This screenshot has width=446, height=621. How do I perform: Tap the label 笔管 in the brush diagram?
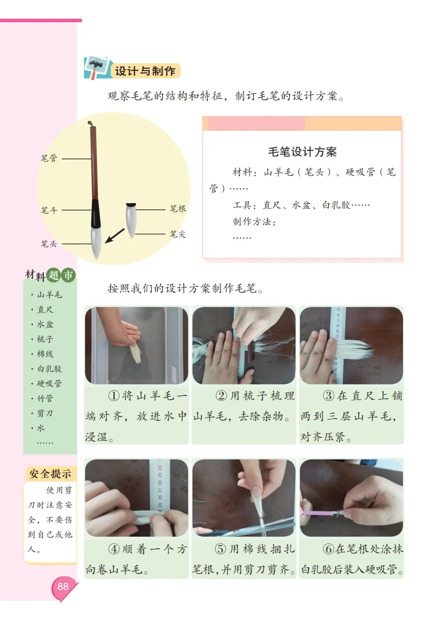(x=49, y=158)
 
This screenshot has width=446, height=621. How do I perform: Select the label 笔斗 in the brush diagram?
(x=49, y=210)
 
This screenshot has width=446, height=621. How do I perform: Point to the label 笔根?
(x=178, y=209)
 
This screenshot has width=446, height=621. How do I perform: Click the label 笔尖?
(x=178, y=234)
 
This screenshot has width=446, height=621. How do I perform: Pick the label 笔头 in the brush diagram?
(x=49, y=244)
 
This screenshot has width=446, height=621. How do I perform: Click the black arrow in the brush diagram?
(x=114, y=236)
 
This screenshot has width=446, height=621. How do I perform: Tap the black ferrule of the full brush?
(x=96, y=213)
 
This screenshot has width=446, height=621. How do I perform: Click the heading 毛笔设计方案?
(x=302, y=152)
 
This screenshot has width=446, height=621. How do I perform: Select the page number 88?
(x=63, y=586)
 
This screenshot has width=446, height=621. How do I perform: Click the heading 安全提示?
(x=50, y=474)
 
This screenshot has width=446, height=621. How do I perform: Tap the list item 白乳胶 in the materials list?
(x=50, y=369)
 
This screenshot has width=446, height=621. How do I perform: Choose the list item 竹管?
(x=45, y=398)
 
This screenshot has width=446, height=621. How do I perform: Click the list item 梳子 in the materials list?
(x=45, y=339)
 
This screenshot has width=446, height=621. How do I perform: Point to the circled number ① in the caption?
(x=114, y=396)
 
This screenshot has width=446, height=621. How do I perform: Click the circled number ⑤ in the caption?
(x=220, y=549)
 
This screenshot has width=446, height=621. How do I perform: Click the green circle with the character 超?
(x=54, y=275)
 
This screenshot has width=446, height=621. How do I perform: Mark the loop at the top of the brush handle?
(x=90, y=123)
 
